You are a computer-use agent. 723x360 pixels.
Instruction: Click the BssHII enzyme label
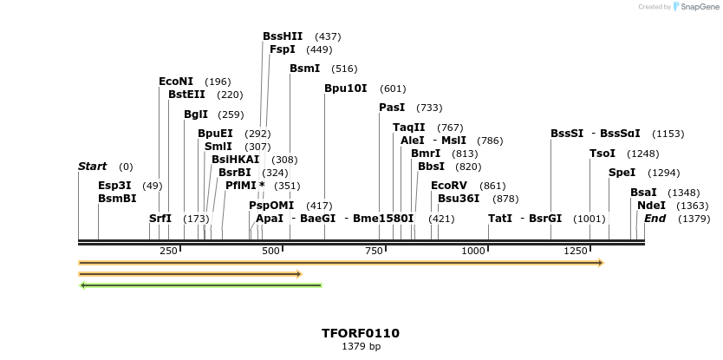click(283, 36)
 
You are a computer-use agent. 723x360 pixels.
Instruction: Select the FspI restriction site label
click(282, 49)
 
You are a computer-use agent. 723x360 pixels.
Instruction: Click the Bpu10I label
click(345, 88)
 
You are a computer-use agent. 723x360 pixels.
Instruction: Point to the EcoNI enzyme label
click(176, 82)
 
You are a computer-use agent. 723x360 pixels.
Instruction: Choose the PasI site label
click(392, 108)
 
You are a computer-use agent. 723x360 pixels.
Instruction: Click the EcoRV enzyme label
click(448, 186)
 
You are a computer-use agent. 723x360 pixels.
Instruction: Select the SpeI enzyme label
click(622, 173)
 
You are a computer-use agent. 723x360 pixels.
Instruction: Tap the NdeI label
click(651, 206)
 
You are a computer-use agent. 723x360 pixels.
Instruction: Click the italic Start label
click(92, 167)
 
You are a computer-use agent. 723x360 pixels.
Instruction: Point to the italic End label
click(655, 219)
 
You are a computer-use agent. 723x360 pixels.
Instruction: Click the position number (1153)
click(668, 134)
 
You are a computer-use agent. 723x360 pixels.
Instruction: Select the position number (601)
click(393, 88)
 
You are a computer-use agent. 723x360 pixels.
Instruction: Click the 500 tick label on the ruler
click(271, 251)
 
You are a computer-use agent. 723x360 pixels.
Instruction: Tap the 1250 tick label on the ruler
click(576, 251)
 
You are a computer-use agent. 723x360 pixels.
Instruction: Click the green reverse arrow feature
click(200, 285)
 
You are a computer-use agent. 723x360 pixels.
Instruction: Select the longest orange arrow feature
click(341, 262)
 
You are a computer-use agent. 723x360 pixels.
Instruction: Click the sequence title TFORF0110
click(361, 333)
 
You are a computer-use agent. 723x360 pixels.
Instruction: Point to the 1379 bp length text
click(361, 346)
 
